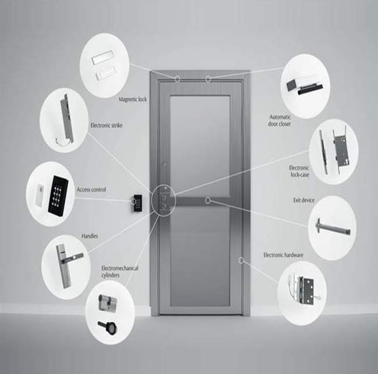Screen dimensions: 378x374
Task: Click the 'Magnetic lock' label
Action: (x=132, y=99)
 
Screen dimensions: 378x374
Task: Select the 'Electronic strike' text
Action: (x=106, y=125)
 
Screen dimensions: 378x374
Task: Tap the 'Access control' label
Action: (x=92, y=190)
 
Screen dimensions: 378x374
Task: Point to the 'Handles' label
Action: (x=90, y=236)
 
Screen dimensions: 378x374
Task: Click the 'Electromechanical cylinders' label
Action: (x=120, y=272)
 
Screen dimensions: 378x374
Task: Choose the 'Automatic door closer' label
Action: (x=279, y=121)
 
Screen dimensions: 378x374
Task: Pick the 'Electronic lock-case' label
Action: (x=299, y=171)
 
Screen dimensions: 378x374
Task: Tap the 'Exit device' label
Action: (x=304, y=200)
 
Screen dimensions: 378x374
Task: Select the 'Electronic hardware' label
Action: (x=283, y=255)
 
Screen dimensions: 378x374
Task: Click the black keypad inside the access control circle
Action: (x=58, y=195)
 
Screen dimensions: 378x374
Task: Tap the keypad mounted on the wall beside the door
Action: (x=137, y=203)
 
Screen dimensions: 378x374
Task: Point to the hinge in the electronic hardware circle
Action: (x=305, y=291)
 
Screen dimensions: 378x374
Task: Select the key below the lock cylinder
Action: (x=108, y=327)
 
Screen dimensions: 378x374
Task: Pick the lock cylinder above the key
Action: (x=108, y=302)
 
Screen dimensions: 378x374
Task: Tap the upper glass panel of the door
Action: (x=200, y=145)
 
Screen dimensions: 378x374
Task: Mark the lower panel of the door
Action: (x=200, y=257)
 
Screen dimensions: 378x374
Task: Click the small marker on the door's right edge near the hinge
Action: (x=241, y=260)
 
